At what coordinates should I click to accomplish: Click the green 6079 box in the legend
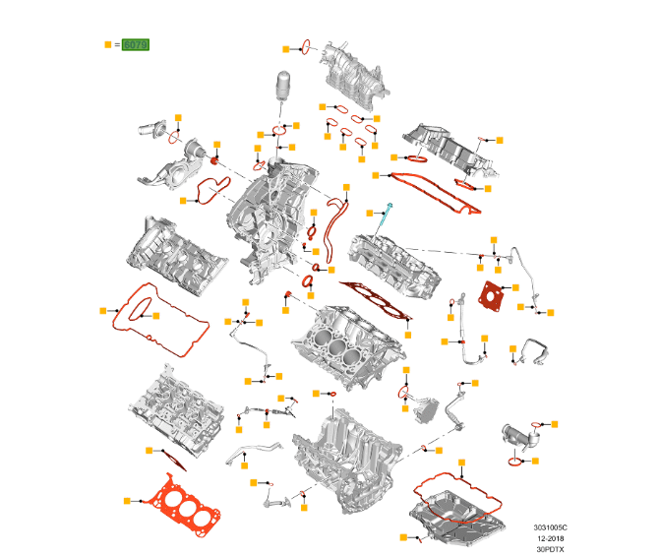click(136, 45)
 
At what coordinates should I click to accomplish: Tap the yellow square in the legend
click(108, 45)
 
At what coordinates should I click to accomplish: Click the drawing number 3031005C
click(551, 526)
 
